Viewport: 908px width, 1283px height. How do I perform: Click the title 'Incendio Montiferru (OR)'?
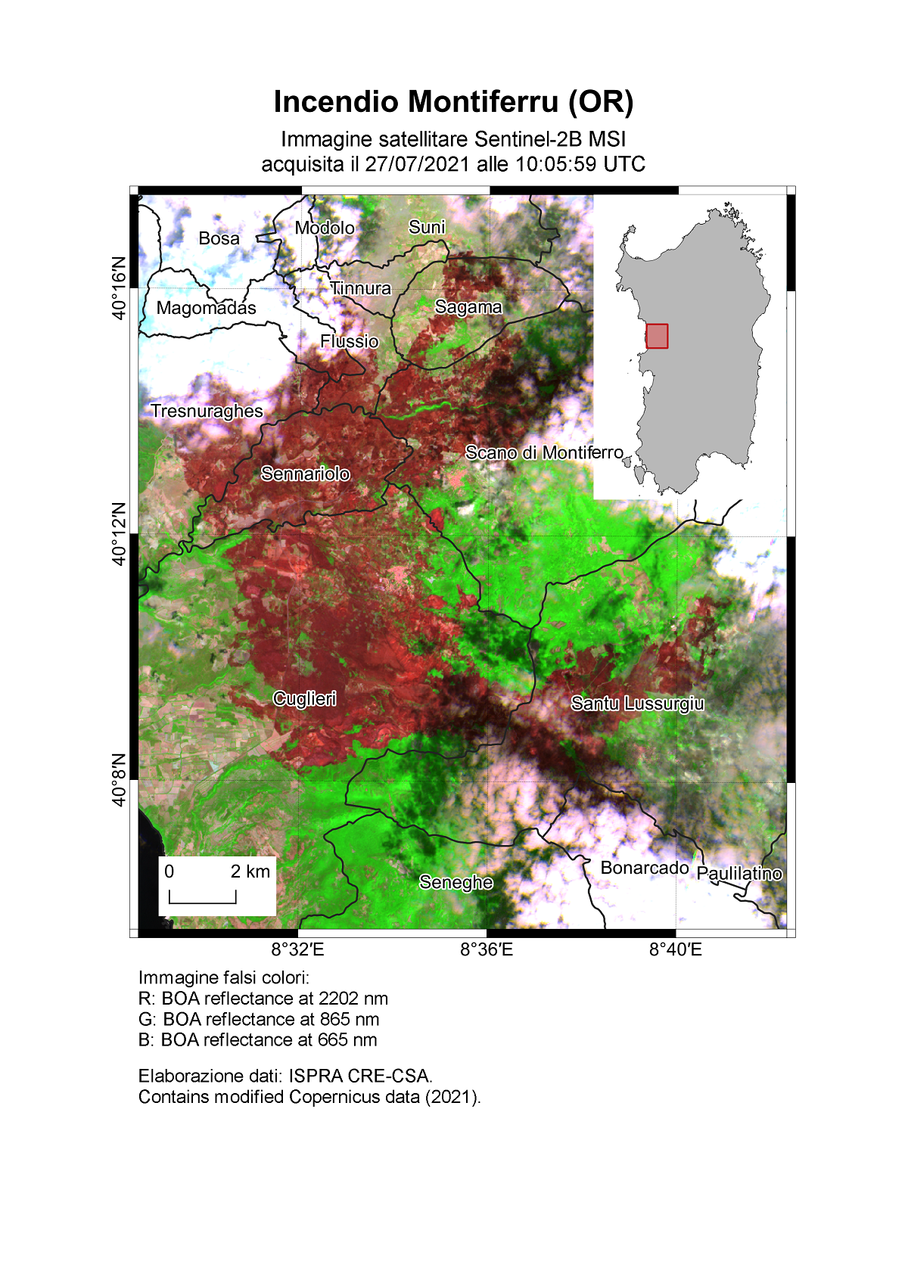(x=453, y=101)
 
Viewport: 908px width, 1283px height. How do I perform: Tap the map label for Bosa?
(x=219, y=238)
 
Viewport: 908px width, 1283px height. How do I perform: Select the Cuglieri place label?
(x=304, y=698)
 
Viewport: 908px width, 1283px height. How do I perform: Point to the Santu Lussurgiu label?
(x=637, y=704)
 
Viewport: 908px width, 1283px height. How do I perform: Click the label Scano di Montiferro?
(x=544, y=452)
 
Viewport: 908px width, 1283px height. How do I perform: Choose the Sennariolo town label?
(x=305, y=474)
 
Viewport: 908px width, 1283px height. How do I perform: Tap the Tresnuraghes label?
(x=207, y=411)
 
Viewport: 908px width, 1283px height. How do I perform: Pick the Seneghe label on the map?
(x=456, y=882)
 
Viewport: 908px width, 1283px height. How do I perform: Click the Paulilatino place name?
(x=739, y=874)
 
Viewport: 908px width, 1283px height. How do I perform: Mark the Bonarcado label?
(x=645, y=868)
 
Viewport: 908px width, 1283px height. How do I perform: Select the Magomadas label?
(x=206, y=308)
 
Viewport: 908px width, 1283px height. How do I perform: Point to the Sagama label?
(x=468, y=306)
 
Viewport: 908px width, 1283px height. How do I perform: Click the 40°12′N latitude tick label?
(x=120, y=533)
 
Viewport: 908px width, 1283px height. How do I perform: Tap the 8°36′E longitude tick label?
(x=487, y=949)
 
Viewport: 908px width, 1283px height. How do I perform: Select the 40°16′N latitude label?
(x=120, y=288)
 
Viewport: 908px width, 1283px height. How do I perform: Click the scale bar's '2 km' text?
(x=250, y=871)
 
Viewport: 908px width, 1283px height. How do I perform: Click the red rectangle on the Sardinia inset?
(x=657, y=336)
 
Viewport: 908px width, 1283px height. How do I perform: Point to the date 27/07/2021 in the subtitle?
(x=417, y=164)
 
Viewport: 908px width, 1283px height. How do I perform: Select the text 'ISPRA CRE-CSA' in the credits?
(x=359, y=1076)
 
